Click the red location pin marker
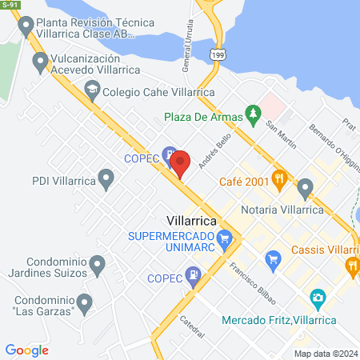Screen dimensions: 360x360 tap(180, 162)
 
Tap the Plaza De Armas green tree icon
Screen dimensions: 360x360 tap(254, 115)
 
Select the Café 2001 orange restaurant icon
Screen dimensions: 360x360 tap(279, 178)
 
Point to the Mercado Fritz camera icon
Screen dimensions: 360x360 tap(317, 298)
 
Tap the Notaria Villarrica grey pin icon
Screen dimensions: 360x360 tap(305, 189)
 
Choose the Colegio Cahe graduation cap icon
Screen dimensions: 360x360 tap(92, 90)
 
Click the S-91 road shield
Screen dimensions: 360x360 tap(11, 5)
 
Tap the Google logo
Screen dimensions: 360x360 tap(26, 350)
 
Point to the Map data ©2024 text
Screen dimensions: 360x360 tap(324, 354)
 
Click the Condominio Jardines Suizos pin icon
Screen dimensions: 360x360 tap(97, 263)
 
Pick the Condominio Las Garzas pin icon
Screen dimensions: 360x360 tap(85, 301)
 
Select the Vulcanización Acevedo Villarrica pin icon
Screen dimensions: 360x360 tap(40, 61)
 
